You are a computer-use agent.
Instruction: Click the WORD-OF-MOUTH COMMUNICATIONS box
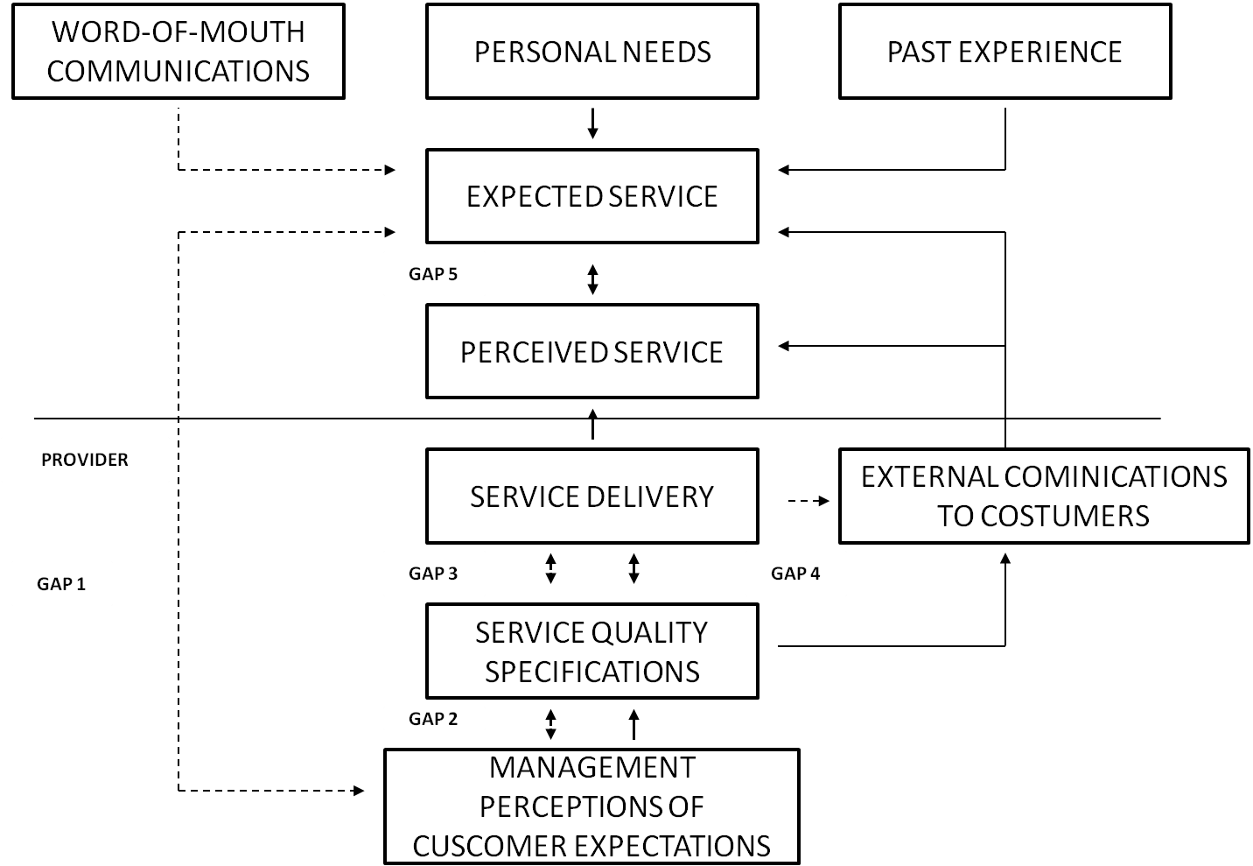pyautogui.click(x=178, y=51)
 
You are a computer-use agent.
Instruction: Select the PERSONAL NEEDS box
pyautogui.click(x=591, y=52)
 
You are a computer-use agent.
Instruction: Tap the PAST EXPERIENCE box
pyautogui.click(x=1004, y=52)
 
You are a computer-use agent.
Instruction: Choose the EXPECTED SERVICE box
pyautogui.click(x=591, y=196)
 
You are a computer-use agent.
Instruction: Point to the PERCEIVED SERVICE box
pyautogui.click(x=591, y=351)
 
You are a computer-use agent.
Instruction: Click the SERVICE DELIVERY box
pyautogui.click(x=591, y=496)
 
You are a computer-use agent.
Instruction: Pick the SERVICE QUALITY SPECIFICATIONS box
pyautogui.click(x=591, y=651)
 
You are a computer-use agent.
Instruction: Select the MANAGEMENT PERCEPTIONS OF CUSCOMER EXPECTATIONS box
pyautogui.click(x=591, y=806)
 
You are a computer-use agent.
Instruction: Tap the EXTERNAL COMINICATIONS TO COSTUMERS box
pyautogui.click(x=1044, y=496)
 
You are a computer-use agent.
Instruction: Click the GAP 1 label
pyautogui.click(x=61, y=583)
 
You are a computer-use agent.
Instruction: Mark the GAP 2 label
pyautogui.click(x=433, y=719)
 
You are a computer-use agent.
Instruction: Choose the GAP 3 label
pyautogui.click(x=433, y=574)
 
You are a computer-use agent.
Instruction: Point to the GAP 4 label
pyautogui.click(x=795, y=574)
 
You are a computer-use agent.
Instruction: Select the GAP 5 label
pyautogui.click(x=433, y=274)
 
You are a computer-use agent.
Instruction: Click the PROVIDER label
pyautogui.click(x=85, y=460)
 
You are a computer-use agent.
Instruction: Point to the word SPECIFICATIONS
pyautogui.click(x=592, y=672)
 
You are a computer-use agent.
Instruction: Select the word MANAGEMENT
pyautogui.click(x=592, y=767)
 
